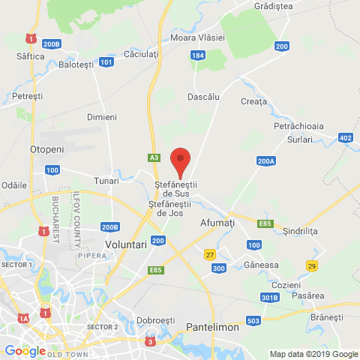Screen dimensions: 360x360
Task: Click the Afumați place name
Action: point(217,223)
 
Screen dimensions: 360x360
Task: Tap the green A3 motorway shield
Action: point(154,157)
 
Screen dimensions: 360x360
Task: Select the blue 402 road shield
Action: point(345,138)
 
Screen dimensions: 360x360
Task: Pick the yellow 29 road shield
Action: point(311,266)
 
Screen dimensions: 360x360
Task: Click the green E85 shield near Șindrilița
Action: point(263,223)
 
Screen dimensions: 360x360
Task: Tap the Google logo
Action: point(24,350)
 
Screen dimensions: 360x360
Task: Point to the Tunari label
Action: point(106,181)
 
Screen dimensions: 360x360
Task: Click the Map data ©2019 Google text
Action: point(313,354)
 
